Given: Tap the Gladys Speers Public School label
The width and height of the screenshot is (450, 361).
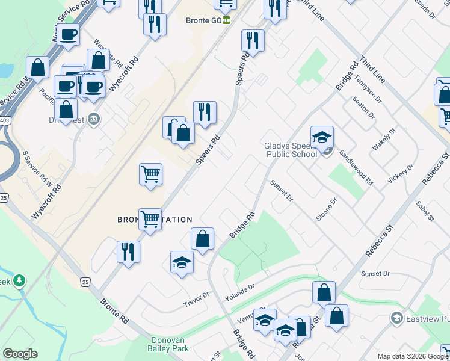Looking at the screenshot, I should coord(291,150).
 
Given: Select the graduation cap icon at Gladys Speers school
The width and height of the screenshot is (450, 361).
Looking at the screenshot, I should coord(322,136).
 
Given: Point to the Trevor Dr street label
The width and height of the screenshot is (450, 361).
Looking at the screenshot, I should coord(196,297).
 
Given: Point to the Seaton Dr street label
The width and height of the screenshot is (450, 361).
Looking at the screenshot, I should coord(363,107).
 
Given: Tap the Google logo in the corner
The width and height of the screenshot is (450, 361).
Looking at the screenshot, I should coord(20,354).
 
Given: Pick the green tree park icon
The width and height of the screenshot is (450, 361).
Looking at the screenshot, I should coord(19,280).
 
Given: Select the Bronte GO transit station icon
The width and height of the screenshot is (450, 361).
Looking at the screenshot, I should coord(227,20).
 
